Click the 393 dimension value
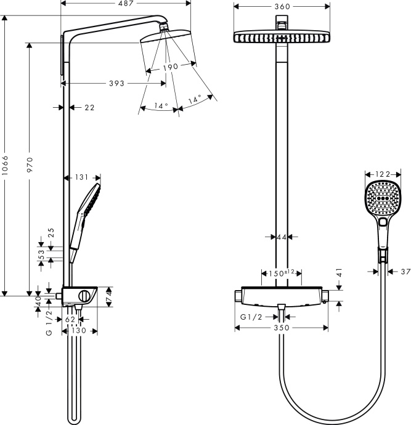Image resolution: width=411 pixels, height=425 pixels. click(x=112, y=83)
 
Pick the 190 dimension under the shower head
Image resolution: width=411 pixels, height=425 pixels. click(x=170, y=67)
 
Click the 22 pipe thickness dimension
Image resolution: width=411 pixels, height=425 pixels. click(x=89, y=108)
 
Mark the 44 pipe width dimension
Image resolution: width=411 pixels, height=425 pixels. click(x=282, y=237)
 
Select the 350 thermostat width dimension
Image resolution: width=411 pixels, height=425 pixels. click(x=281, y=328)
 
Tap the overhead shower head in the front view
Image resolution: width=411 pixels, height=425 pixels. click(x=281, y=37)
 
